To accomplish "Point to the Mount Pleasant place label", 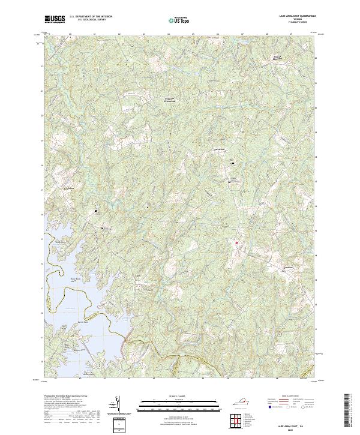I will point(273,59).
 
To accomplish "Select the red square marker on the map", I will point(236,242).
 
